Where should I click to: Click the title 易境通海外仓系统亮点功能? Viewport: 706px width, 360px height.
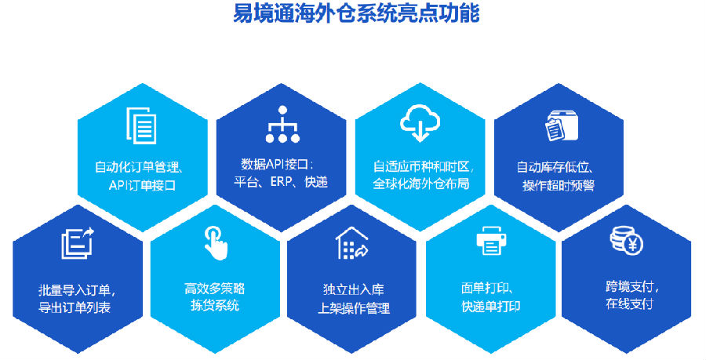355,13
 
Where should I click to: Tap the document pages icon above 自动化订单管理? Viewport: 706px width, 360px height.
141,125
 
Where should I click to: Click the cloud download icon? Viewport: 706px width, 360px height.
420,123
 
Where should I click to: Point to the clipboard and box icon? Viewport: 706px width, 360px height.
562,126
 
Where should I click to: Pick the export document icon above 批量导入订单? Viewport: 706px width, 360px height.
78,243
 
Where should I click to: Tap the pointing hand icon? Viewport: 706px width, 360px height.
217,242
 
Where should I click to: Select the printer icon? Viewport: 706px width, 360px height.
491,242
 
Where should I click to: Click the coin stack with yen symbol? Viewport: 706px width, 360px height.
626,240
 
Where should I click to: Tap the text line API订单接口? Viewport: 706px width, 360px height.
142,185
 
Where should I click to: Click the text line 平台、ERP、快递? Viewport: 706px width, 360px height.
281,182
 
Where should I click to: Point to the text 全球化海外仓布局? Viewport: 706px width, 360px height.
421,184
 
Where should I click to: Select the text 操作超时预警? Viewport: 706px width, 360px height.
559,185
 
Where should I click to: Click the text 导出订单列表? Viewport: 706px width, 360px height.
75,307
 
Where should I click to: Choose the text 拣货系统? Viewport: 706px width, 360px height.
215,305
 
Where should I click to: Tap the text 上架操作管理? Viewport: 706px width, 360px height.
354,308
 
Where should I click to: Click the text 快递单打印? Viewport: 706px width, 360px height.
491,307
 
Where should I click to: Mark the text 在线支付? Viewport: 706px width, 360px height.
629,304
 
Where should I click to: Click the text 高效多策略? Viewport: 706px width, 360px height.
215,289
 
